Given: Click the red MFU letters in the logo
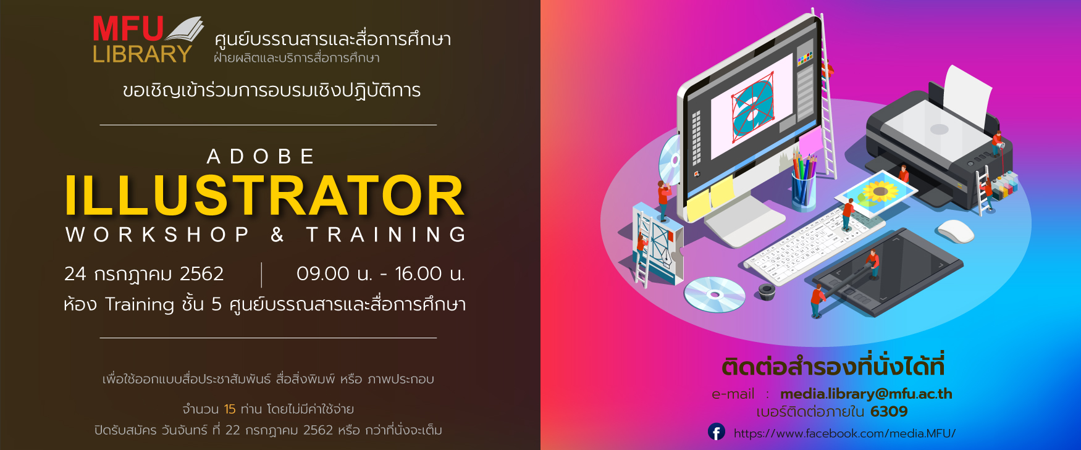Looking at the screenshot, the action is pyautogui.click(x=128, y=30).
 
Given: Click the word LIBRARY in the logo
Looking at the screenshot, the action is pyautogui.click(x=142, y=54).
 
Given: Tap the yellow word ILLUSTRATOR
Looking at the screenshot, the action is pyautogui.click(x=265, y=196).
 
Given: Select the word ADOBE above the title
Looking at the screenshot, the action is pyautogui.click(x=261, y=156).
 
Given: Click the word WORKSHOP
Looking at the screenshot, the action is pyautogui.click(x=157, y=235).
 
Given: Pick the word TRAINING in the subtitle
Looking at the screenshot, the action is pyautogui.click(x=386, y=235).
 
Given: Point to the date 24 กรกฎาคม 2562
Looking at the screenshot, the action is pyautogui.click(x=144, y=273).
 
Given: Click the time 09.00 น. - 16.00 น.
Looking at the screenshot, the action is pyautogui.click(x=381, y=273).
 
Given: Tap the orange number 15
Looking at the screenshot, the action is pyautogui.click(x=230, y=409).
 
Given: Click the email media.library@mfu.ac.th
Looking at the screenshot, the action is pyautogui.click(x=866, y=394).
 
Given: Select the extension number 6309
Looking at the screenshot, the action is pyautogui.click(x=889, y=412).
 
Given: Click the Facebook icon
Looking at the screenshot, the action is pyautogui.click(x=717, y=432).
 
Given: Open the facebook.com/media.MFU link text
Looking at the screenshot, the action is pyautogui.click(x=844, y=433).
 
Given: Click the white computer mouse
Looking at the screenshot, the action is pyautogui.click(x=955, y=231).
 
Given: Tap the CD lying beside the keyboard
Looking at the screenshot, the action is pyautogui.click(x=715, y=294).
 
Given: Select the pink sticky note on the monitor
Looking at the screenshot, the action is pyautogui.click(x=810, y=140).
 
